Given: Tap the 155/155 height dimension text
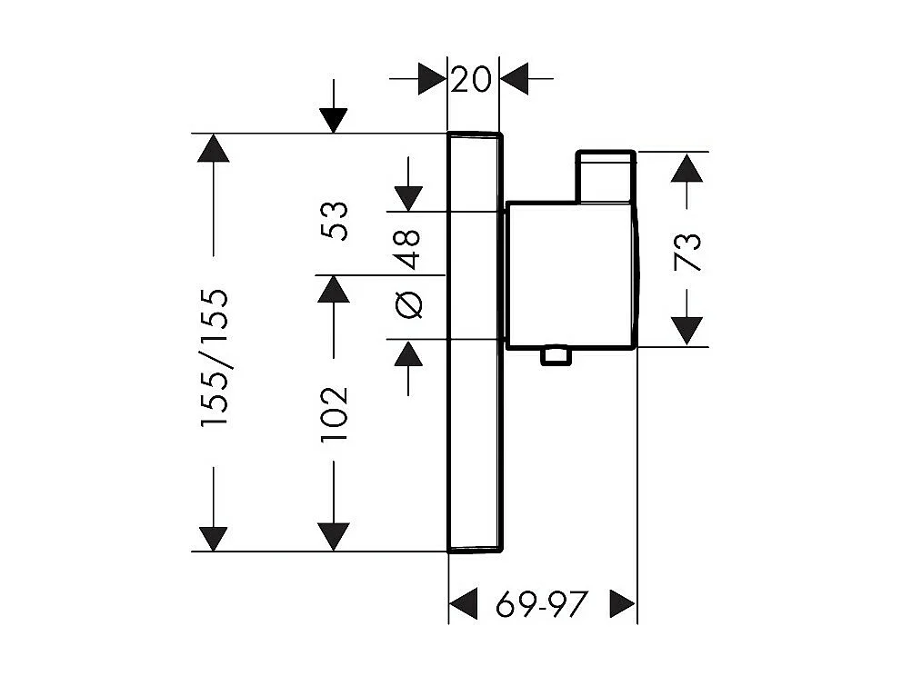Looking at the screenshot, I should click(x=215, y=359).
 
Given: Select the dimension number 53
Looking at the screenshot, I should click(x=336, y=220).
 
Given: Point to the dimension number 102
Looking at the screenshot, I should click(x=336, y=414).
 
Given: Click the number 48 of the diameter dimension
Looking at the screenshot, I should click(x=408, y=248).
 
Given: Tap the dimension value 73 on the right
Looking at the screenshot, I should click(x=690, y=252).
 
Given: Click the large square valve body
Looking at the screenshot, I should click(x=570, y=273).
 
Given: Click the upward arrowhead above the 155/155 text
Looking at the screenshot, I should click(x=214, y=148).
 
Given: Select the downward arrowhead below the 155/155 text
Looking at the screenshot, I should click(x=214, y=537).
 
